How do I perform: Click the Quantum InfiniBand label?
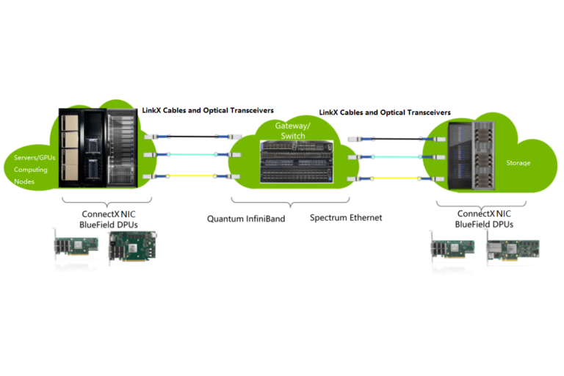tap(245, 218)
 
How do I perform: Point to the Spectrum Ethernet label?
tap(346, 217)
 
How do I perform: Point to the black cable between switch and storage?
tap(397, 137)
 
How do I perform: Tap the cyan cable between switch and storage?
tap(397, 156)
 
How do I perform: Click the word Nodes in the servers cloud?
tap(24, 181)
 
